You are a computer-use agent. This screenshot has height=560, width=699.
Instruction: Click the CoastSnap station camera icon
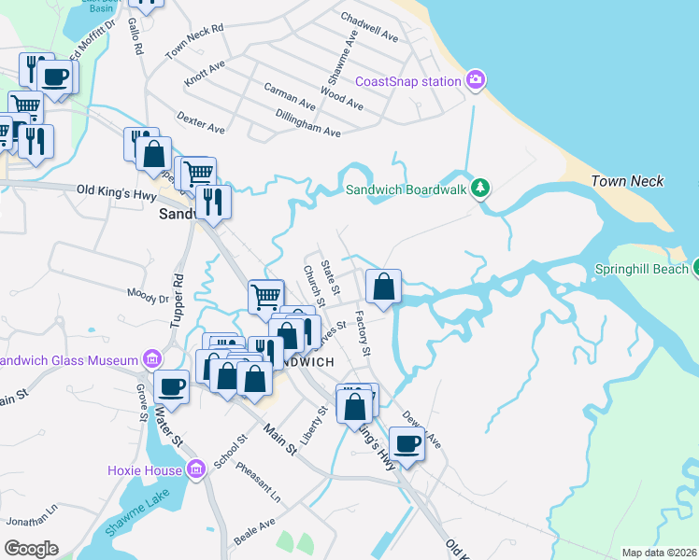click(x=476, y=80)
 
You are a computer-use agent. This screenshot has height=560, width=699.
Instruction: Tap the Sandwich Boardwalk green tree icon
click(x=480, y=189)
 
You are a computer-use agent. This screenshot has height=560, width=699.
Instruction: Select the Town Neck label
click(x=628, y=180)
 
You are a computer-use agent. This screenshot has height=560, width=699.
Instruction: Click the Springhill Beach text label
click(x=640, y=270)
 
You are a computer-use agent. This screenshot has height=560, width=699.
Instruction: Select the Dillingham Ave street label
click(x=307, y=124)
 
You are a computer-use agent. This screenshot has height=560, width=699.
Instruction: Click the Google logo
click(x=31, y=548)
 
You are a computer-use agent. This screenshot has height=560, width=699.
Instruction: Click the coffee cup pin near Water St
click(x=172, y=385)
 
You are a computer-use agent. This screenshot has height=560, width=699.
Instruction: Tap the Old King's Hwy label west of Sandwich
click(x=112, y=189)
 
